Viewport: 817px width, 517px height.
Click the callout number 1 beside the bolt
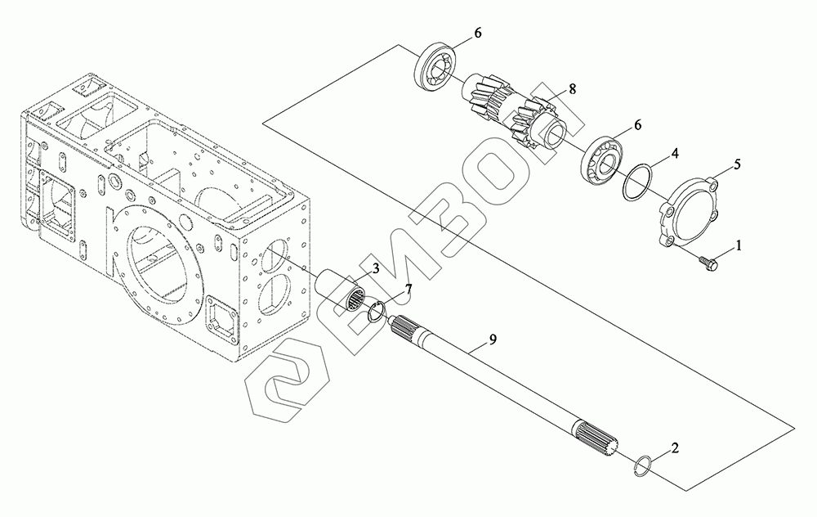click(740, 245)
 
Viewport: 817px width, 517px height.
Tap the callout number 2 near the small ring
click(674, 447)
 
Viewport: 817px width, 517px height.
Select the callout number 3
click(374, 268)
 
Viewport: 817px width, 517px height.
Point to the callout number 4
click(675, 153)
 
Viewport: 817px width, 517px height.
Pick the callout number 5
click(737, 164)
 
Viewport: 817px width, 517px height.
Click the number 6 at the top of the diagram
click(478, 34)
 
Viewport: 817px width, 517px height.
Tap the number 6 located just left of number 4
click(638, 126)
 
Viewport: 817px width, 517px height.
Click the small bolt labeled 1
click(708, 263)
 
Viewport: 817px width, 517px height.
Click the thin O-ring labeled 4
click(636, 182)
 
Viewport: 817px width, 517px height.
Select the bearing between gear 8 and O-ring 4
click(604, 160)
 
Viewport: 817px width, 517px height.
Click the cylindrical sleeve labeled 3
click(343, 293)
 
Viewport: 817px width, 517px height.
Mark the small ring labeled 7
click(377, 312)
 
